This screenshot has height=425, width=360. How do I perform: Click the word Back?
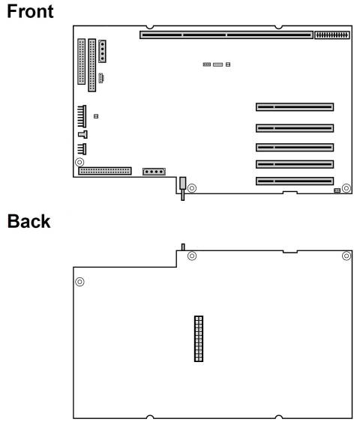(x=28, y=221)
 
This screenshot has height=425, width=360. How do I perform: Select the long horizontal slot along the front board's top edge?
(x=226, y=34)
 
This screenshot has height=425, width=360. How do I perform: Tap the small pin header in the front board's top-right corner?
(x=331, y=34)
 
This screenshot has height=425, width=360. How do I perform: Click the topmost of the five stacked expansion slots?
(x=294, y=108)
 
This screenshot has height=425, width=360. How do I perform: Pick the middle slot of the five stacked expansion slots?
(x=294, y=145)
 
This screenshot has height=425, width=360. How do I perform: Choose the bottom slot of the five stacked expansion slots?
(x=294, y=181)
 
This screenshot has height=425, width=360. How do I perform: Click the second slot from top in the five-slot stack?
(x=294, y=127)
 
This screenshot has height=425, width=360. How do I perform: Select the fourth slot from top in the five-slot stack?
(x=294, y=163)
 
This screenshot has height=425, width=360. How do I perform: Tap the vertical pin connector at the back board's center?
(x=199, y=339)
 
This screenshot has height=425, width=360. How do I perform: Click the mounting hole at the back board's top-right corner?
(x=346, y=256)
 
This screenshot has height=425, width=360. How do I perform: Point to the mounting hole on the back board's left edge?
(x=80, y=282)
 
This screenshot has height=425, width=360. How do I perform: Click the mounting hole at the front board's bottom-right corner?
(x=346, y=187)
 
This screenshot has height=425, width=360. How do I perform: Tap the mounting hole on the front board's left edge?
(x=80, y=162)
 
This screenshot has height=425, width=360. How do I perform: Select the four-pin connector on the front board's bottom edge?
(x=154, y=172)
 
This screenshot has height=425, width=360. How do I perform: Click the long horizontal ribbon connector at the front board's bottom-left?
(x=105, y=172)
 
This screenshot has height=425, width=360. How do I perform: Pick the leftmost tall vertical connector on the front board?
(x=81, y=61)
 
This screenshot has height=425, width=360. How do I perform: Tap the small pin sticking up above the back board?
(x=183, y=247)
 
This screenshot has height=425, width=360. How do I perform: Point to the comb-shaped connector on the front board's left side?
(x=82, y=116)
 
